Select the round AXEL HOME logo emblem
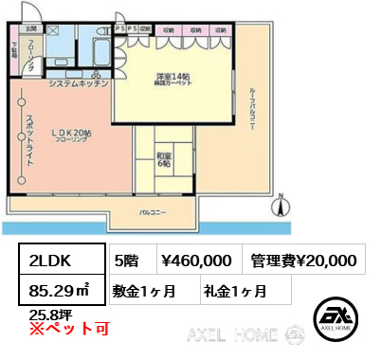pos(336,318)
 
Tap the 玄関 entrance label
pos(31,29)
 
